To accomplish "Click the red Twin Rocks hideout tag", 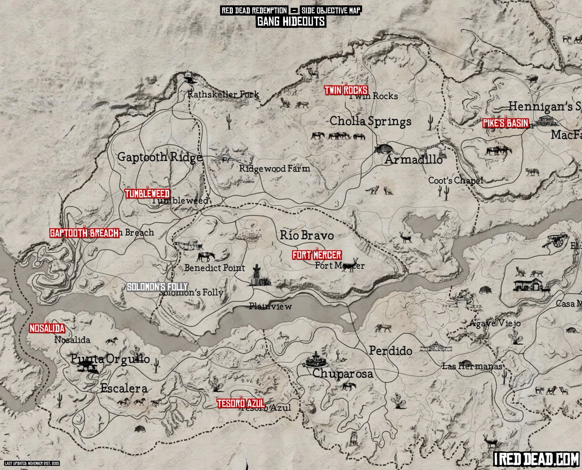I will point(346,90).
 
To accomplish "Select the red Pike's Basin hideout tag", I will point(505,123).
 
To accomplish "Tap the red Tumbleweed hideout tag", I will point(147,194).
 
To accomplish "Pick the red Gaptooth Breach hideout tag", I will point(84,233).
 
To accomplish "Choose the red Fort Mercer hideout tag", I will point(316,255).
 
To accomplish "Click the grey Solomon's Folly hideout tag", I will point(157,287).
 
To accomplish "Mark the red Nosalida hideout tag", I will point(47,328).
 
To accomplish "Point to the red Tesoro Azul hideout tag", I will point(241,404).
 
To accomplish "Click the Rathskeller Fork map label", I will point(223,95).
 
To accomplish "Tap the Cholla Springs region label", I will point(370,121).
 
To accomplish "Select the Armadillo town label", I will point(413,160).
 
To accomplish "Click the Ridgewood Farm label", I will point(275,169).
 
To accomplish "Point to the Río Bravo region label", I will point(306,235).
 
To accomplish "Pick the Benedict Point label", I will point(215,268).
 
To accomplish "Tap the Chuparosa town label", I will point(342,374).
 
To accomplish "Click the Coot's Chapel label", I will point(455,181).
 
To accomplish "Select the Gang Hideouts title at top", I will point(291,21).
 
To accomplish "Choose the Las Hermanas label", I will point(472,366).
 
